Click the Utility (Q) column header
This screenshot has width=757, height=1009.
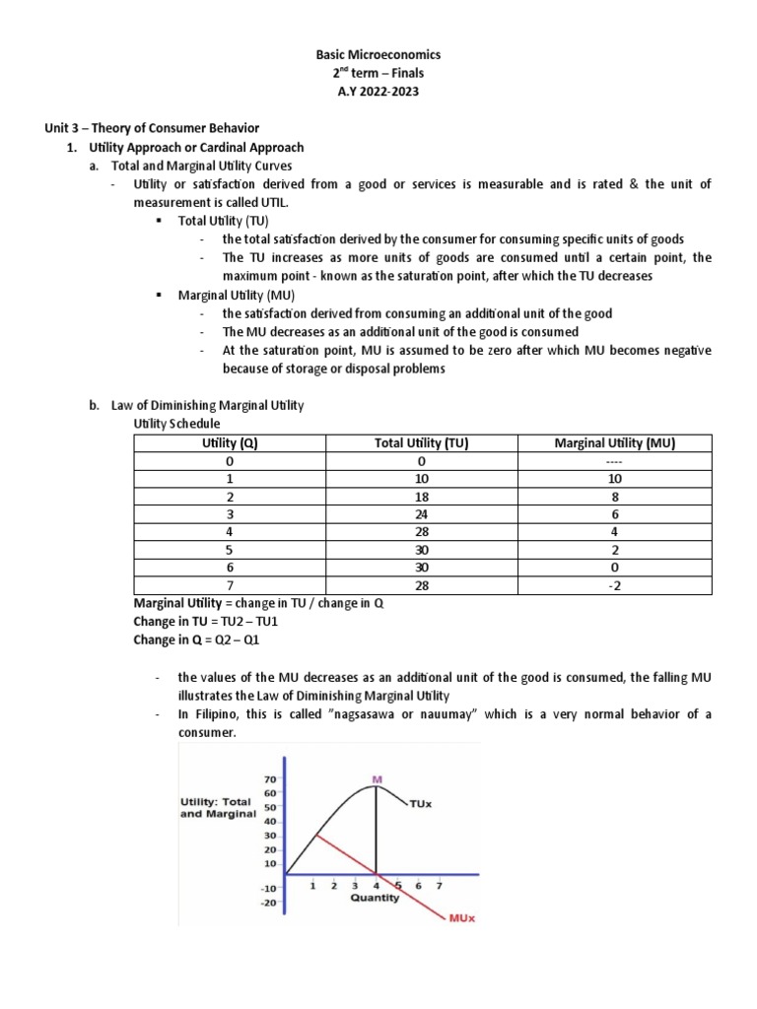(229, 443)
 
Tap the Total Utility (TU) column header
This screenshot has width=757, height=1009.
(421, 443)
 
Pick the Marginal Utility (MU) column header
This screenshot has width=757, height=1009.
(615, 443)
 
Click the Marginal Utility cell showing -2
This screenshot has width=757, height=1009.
(615, 586)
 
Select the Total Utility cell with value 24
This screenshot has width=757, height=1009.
(421, 514)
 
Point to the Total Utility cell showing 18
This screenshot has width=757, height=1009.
(421, 497)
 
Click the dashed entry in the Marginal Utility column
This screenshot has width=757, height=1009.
(615, 461)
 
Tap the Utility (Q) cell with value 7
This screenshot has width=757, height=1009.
(229, 586)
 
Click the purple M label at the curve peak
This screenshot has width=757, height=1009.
(376, 780)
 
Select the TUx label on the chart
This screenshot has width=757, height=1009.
(422, 804)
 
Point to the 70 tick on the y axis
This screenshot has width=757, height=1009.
(268, 778)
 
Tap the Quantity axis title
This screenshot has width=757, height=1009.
(375, 898)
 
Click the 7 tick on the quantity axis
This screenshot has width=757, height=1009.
(439, 885)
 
